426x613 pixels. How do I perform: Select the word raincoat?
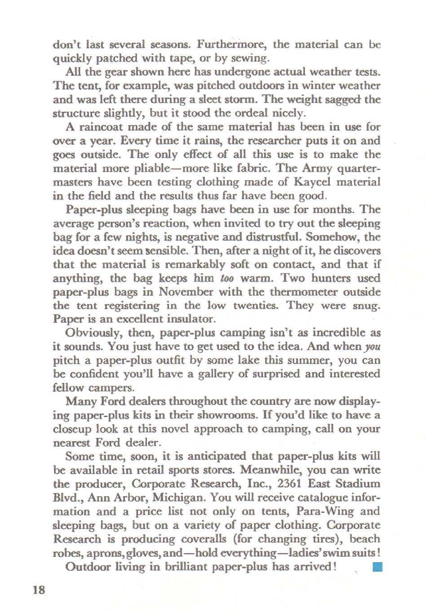pyautogui.click(x=102, y=127)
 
